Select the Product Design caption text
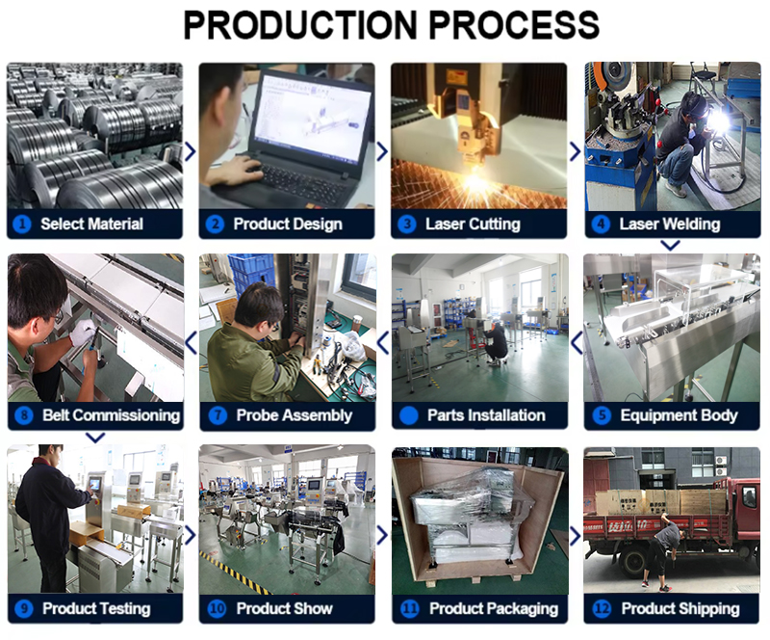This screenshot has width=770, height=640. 288,224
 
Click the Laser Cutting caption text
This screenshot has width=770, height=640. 473,224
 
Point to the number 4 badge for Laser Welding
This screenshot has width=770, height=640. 601,224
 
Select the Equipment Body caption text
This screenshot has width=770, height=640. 679,415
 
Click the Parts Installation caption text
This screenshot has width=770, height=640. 486,415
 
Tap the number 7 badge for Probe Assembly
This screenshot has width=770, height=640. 217,415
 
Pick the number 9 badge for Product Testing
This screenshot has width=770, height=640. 24,608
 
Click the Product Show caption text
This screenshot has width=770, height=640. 284,608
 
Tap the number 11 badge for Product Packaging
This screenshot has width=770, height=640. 409,608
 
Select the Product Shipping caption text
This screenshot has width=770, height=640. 680,608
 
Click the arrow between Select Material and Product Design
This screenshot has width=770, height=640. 190,151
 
